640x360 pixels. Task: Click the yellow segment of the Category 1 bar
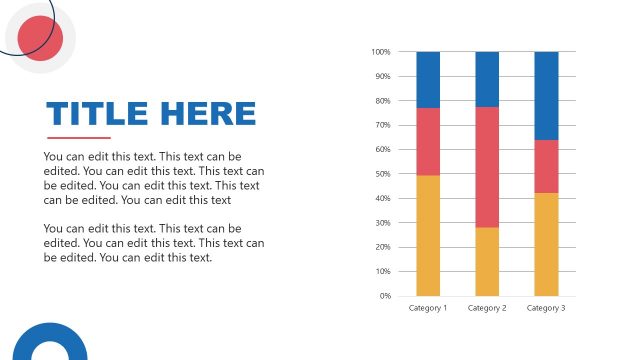[x=428, y=235]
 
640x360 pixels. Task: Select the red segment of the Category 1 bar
[x=428, y=141]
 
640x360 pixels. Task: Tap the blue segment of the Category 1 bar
[x=428, y=79]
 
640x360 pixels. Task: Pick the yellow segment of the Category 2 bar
[x=487, y=261]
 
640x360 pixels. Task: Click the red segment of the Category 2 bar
[x=487, y=167]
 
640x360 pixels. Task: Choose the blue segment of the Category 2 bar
[x=487, y=79]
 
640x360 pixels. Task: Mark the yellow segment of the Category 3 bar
[x=546, y=244]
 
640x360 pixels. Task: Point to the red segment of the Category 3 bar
[x=546, y=166]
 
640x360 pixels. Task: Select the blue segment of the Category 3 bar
[x=546, y=95]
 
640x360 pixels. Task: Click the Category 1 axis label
[x=428, y=308]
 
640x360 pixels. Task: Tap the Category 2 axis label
[x=487, y=308]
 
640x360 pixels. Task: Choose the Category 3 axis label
[x=546, y=308]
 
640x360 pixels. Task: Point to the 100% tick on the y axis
[x=380, y=52]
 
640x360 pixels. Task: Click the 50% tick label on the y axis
[x=382, y=174]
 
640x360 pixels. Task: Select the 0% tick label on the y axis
[x=384, y=296]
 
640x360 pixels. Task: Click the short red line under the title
[x=78, y=138]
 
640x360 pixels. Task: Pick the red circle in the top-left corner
[x=40, y=39]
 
